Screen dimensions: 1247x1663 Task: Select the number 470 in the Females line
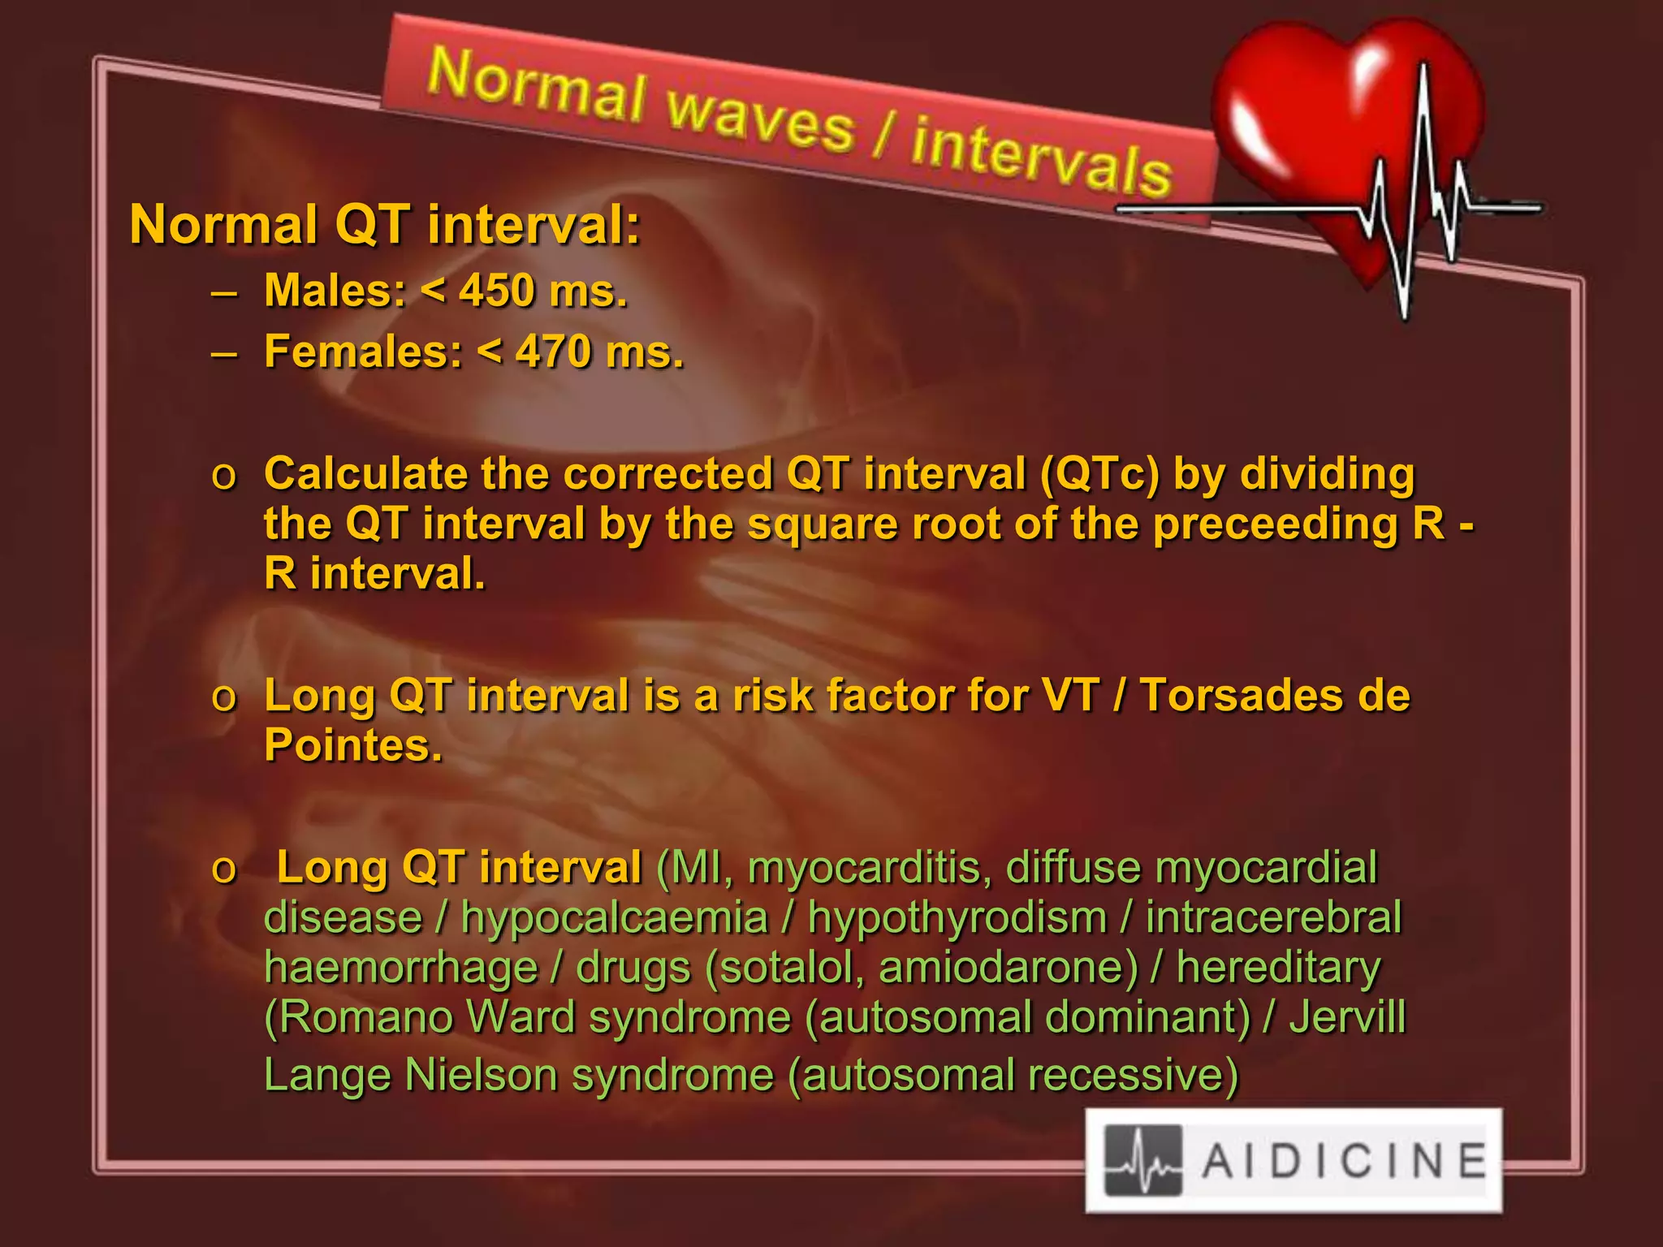[x=553, y=352]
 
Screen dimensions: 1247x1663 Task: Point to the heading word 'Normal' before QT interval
[x=223, y=225]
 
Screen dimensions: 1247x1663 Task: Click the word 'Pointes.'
[x=353, y=745]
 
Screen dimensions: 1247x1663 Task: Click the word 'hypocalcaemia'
[x=614, y=918]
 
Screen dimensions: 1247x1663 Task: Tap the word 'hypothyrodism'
[x=957, y=918]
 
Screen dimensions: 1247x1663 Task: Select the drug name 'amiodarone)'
[x=1009, y=968]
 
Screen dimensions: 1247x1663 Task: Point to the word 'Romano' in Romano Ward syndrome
[x=358, y=1017]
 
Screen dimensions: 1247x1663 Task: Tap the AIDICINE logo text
[x=1344, y=1160]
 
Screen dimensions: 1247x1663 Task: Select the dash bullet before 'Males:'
[x=223, y=292]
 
